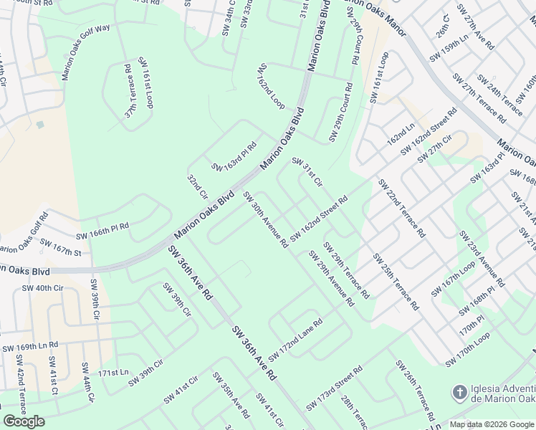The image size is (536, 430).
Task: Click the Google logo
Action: [x=24, y=421]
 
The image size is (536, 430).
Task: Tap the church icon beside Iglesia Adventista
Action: [x=459, y=393]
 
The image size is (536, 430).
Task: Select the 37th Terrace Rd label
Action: [x=130, y=92]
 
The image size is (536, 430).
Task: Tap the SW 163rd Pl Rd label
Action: [x=234, y=157]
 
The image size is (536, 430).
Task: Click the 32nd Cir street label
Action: [x=197, y=186]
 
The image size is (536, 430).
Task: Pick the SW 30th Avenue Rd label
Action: [x=265, y=219]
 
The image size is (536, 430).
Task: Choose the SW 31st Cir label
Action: [x=307, y=173]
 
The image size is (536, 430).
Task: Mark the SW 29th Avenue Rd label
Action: [x=331, y=278]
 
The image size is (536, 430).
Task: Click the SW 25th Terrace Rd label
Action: [x=396, y=281]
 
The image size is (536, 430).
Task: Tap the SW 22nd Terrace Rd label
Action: [x=401, y=208]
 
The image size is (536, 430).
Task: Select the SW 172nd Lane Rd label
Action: [x=295, y=340]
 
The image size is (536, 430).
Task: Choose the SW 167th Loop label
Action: [x=453, y=278]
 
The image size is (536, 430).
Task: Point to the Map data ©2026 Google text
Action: [x=492, y=424]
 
